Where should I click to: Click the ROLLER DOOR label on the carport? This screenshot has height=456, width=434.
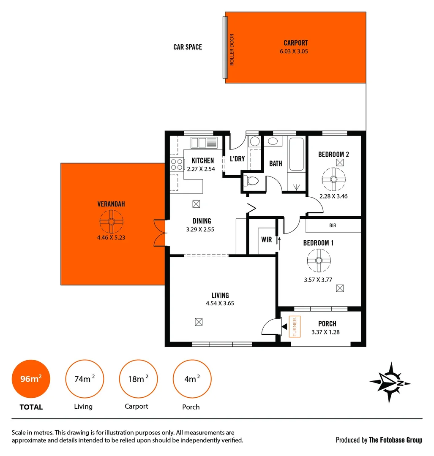pyautogui.click(x=232, y=49)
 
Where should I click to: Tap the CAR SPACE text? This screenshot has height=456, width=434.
pyautogui.click(x=188, y=47)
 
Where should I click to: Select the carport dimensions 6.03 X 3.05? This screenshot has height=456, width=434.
pyautogui.click(x=295, y=52)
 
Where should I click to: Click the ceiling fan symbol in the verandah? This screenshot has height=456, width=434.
pyautogui.click(x=111, y=222)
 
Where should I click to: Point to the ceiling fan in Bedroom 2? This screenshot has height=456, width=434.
pyautogui.click(x=333, y=179)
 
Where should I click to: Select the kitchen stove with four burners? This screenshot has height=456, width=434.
pyautogui.click(x=177, y=164)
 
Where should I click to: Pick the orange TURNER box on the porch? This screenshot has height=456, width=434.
pyautogui.click(x=294, y=327)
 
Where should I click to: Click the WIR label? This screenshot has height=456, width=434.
pyautogui.click(x=266, y=240)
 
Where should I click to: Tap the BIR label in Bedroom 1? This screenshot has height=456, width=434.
pyautogui.click(x=333, y=226)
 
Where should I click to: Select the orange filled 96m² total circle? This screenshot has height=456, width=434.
pyautogui.click(x=31, y=379)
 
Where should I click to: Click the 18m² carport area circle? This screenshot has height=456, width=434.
pyautogui.click(x=138, y=379)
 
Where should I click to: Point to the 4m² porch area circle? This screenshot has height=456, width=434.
pyautogui.click(x=192, y=379)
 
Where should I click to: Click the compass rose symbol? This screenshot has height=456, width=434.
pyautogui.click(x=390, y=383)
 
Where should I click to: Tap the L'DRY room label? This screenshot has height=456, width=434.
pyautogui.click(x=237, y=159)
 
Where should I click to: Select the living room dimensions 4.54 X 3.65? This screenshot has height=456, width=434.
pyautogui.click(x=220, y=303)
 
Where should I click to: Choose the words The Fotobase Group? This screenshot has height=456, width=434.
pyautogui.click(x=395, y=440)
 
